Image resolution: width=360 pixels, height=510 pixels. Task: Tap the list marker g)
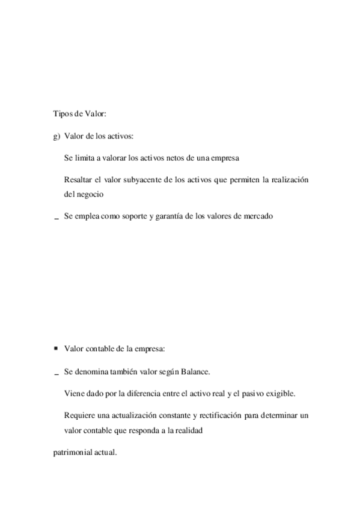(57, 137)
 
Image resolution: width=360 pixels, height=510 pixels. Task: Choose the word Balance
(195, 372)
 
